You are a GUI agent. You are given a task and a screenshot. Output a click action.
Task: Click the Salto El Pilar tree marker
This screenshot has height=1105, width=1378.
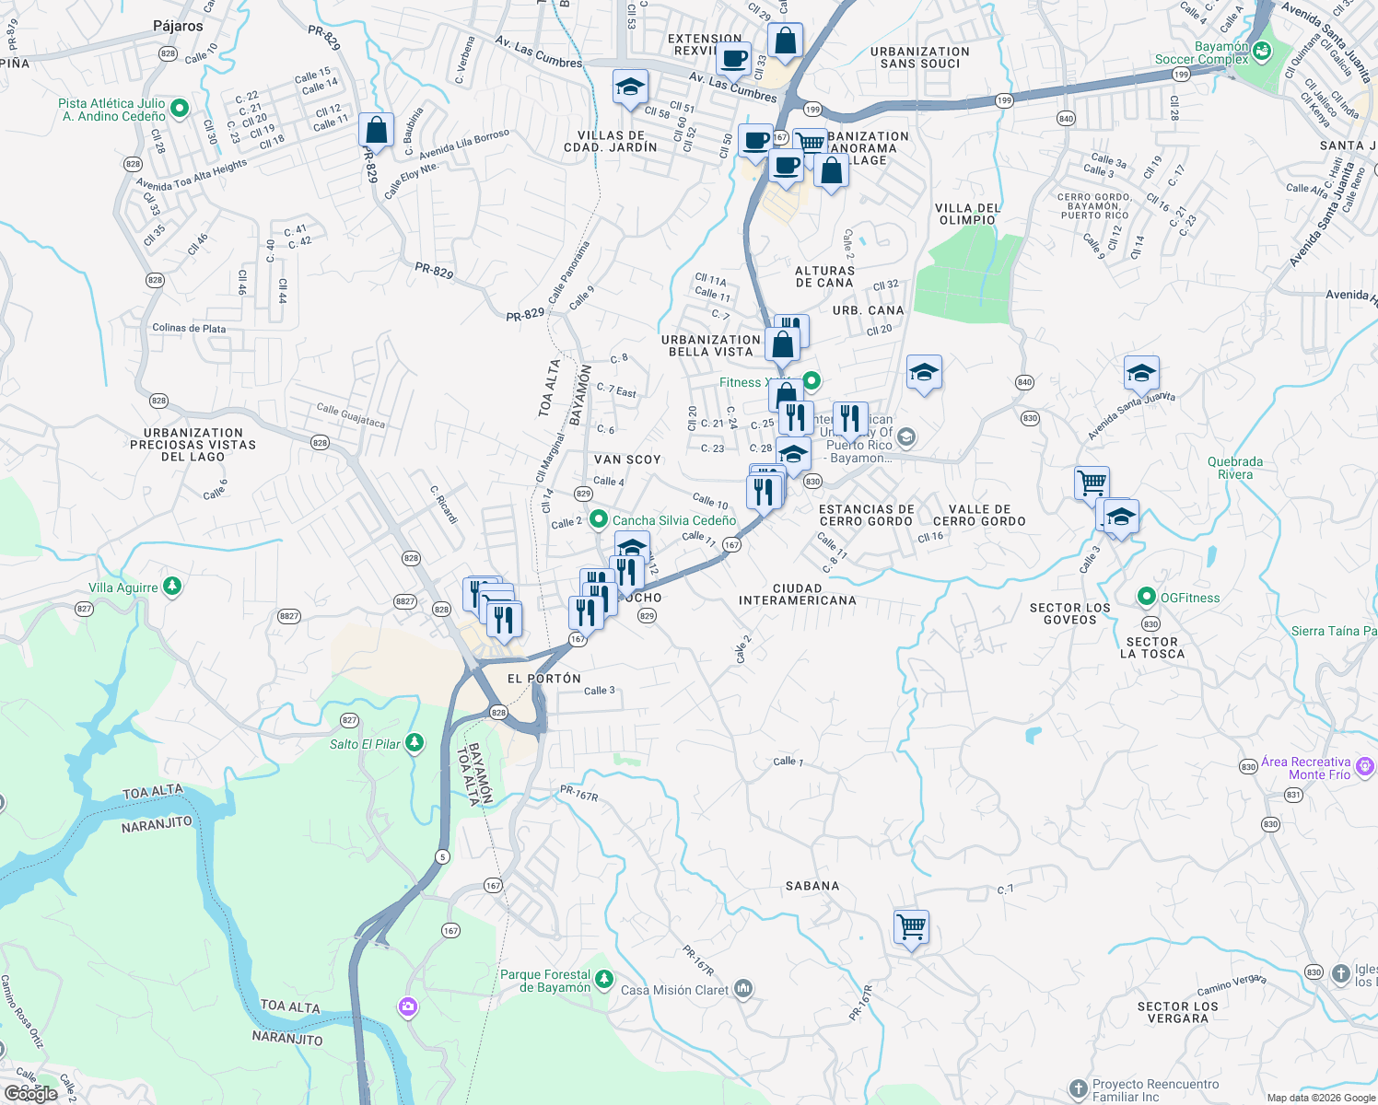click(415, 743)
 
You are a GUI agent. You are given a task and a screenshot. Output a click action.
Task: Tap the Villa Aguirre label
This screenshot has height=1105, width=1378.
click(123, 587)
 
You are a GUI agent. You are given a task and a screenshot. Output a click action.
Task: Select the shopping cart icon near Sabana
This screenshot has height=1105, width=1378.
click(911, 927)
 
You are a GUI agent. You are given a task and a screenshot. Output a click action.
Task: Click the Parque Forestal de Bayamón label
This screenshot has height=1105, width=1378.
click(545, 981)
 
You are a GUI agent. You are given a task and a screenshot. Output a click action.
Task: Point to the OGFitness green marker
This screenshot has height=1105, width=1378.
click(1147, 597)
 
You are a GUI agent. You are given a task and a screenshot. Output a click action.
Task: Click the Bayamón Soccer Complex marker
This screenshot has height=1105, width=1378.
click(1262, 52)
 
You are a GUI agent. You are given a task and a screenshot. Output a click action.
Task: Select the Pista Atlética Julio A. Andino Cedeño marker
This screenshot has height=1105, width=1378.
click(180, 109)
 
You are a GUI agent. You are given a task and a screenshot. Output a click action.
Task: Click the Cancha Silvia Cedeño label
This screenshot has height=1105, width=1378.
click(674, 520)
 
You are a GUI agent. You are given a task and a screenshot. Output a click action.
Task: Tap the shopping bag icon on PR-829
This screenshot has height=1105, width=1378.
click(377, 131)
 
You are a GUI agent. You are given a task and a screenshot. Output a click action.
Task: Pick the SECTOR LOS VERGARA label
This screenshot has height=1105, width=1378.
click(1177, 1012)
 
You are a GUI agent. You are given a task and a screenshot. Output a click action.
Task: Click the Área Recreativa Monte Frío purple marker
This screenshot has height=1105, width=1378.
click(1365, 766)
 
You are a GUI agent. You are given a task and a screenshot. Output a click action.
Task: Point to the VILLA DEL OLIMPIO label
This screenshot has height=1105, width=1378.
click(967, 214)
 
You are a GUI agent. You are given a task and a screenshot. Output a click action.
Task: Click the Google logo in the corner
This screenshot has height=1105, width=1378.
click(30, 1093)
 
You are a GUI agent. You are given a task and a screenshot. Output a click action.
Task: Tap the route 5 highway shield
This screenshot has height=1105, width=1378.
click(443, 857)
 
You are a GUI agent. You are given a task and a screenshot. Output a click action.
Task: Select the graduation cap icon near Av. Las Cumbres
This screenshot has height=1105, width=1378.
click(630, 88)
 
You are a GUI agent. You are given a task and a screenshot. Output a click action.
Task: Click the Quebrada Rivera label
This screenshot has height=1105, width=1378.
click(1235, 468)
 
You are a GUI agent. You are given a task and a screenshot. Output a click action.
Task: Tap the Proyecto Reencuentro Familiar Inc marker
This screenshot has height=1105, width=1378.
click(1079, 1089)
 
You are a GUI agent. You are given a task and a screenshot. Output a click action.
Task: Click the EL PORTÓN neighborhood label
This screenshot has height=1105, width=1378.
click(544, 679)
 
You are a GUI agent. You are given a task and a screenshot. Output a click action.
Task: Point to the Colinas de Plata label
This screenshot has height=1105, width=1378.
click(189, 328)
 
